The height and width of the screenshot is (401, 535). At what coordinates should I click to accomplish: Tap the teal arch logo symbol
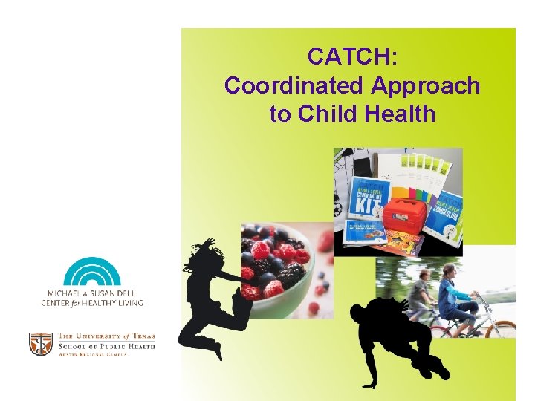(x=92, y=272)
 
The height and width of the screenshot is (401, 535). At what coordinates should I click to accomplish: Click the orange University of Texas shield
(x=40, y=344)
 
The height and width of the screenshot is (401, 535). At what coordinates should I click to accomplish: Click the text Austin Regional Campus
(x=92, y=355)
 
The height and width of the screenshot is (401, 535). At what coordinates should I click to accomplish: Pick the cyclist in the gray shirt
(x=421, y=293)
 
